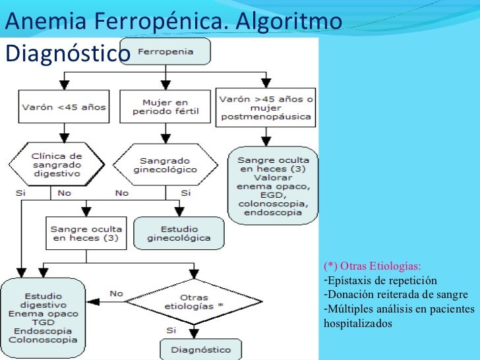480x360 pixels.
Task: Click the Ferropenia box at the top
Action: [x=174, y=53]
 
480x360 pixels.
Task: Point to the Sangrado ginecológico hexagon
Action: [x=165, y=165]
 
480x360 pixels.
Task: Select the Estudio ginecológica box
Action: [x=179, y=233]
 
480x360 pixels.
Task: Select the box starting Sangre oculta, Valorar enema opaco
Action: [x=273, y=186]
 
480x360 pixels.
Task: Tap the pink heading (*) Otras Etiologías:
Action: [x=372, y=266]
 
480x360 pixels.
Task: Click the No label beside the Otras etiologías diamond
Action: [x=115, y=293]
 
